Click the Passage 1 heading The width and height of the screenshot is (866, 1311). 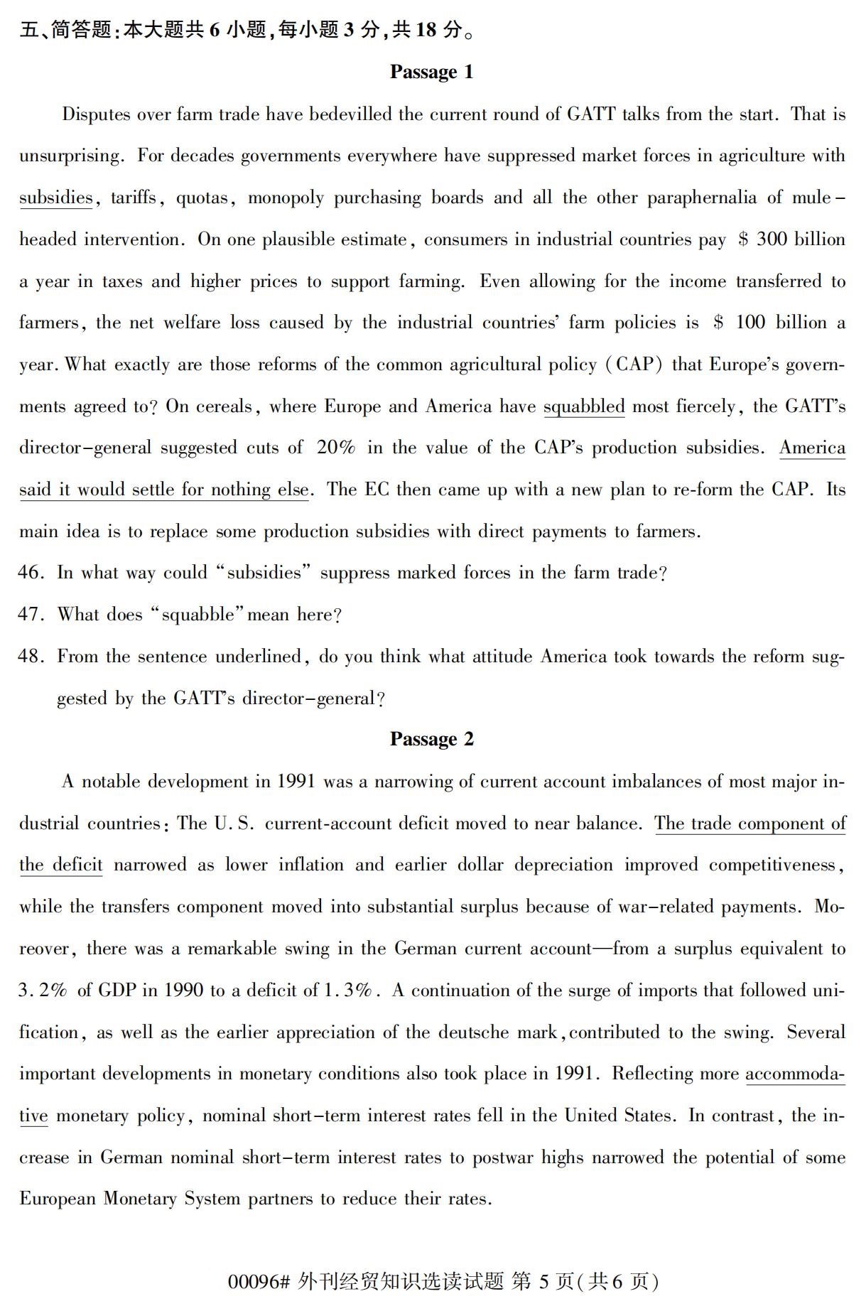click(x=431, y=72)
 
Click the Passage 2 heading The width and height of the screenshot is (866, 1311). click(x=431, y=739)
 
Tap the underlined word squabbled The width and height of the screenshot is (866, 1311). click(x=584, y=406)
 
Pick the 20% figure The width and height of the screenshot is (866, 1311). click(x=336, y=448)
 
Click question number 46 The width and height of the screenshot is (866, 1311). click(x=31, y=573)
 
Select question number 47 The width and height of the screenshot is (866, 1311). click(x=31, y=615)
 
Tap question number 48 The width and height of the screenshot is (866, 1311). click(x=31, y=657)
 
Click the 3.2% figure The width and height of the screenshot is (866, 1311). click(x=42, y=991)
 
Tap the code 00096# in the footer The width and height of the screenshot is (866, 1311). click(x=259, y=1281)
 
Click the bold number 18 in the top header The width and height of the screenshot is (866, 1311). click(x=426, y=30)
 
